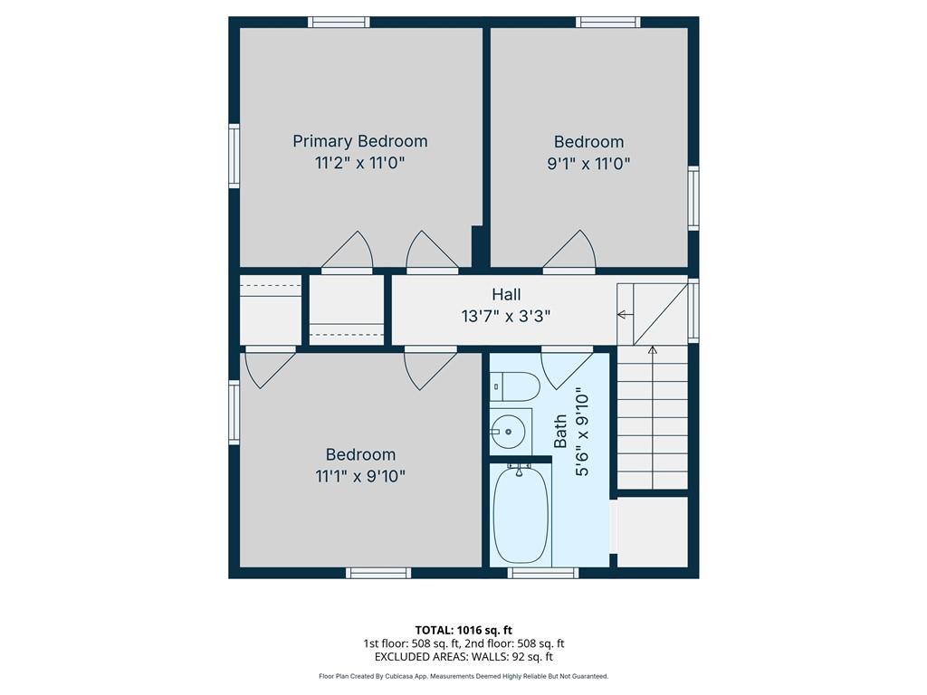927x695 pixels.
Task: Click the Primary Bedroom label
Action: tap(360, 141)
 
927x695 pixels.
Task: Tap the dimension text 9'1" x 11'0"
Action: tap(588, 163)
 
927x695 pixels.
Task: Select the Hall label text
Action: tap(507, 294)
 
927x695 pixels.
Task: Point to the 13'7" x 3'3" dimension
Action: tap(506, 316)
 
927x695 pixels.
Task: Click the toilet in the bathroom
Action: tap(515, 387)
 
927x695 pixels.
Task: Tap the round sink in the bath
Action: tap(508, 432)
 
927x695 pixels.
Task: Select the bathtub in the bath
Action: tap(521, 514)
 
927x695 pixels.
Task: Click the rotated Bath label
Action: tap(559, 431)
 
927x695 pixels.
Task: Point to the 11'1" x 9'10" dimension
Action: tap(360, 476)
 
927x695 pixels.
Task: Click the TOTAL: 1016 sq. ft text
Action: tap(463, 630)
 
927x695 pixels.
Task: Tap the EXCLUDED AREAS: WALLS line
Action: tap(463, 657)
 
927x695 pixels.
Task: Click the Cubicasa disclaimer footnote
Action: tap(463, 676)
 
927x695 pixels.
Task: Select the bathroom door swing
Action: tap(567, 370)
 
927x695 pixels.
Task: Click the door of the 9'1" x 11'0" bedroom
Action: tap(569, 251)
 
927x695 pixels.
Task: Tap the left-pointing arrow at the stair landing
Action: tap(625, 314)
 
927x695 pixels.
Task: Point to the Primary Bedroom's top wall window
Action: tap(339, 23)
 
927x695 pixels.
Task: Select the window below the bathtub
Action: tap(543, 573)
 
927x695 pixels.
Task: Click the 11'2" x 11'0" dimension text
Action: tap(360, 163)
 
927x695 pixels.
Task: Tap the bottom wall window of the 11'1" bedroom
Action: tap(378, 573)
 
